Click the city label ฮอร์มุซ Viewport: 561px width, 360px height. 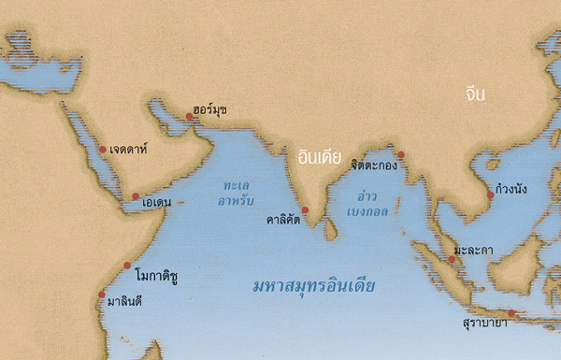210,109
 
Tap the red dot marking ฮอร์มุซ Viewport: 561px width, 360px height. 190,117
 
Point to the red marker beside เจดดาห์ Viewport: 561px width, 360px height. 103,150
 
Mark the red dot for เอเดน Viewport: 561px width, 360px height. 136,196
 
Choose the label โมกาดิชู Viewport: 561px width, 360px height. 156,277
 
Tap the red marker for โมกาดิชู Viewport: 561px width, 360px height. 128,266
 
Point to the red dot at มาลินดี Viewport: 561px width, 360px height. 102,295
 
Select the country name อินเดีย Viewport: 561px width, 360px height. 319,156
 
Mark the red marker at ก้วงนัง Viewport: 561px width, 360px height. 490,195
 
